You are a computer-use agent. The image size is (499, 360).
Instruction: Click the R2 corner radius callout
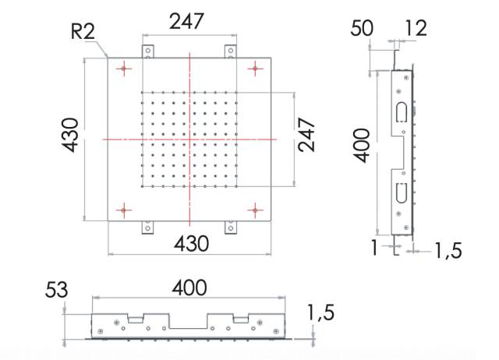83,32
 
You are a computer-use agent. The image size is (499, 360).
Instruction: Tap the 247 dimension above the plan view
186,21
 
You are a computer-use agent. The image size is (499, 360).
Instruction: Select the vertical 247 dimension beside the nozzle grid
306,135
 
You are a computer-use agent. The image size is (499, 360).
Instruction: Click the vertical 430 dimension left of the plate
70,135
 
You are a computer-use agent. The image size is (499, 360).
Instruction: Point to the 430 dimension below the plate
191,244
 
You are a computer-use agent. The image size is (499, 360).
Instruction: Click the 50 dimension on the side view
362,28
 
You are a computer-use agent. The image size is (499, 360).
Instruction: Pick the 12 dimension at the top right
416,28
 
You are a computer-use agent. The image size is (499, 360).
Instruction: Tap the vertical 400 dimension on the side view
362,146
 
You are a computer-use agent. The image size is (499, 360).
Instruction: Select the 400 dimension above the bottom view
189,288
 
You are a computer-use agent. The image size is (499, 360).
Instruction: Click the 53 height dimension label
57,290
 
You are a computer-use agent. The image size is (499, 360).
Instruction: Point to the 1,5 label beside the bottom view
320,312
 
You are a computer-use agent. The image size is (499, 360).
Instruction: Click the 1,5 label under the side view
448,250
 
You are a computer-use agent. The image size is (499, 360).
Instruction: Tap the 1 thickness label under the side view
374,247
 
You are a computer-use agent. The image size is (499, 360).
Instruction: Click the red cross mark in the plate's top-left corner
124,69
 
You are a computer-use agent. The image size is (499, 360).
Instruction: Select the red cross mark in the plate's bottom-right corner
255,210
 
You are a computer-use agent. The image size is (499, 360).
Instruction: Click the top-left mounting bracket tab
147,51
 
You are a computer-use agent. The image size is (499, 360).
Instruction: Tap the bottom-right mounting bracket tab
231,228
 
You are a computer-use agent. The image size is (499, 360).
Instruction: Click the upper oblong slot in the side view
402,111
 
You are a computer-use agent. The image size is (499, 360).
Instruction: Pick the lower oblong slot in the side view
402,193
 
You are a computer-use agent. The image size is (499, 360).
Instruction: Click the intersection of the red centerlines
189,139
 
